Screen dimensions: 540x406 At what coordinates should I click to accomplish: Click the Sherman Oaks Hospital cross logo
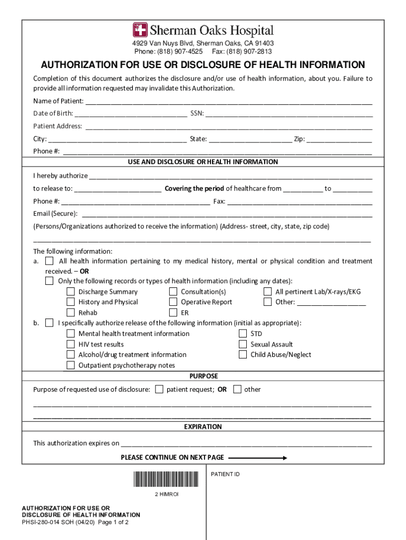click(x=140, y=30)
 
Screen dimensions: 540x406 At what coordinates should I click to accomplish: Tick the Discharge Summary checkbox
click(x=70, y=292)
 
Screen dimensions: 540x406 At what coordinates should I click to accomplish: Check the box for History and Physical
click(x=70, y=302)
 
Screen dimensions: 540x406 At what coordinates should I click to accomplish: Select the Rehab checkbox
click(x=70, y=313)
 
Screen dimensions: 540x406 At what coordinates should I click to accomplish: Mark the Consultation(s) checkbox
click(x=173, y=292)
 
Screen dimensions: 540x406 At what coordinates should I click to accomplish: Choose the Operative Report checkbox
click(x=173, y=302)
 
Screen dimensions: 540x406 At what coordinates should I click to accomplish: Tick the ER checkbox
click(x=173, y=313)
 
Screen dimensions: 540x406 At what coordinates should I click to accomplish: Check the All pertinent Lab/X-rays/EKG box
click(x=267, y=292)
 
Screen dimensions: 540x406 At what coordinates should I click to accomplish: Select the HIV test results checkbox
click(x=70, y=344)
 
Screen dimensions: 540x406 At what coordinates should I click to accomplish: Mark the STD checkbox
click(x=243, y=333)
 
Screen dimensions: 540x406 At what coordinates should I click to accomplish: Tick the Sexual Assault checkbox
click(x=243, y=344)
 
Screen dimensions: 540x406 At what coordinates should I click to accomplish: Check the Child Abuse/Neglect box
click(x=243, y=354)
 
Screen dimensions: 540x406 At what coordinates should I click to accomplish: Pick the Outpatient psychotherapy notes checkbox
click(x=70, y=365)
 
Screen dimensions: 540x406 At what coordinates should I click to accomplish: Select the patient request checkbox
click(x=159, y=389)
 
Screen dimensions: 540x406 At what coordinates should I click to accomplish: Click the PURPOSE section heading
click(x=204, y=377)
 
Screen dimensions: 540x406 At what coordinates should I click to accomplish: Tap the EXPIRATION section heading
click(x=203, y=427)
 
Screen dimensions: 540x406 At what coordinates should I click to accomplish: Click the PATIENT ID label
click(x=225, y=475)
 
